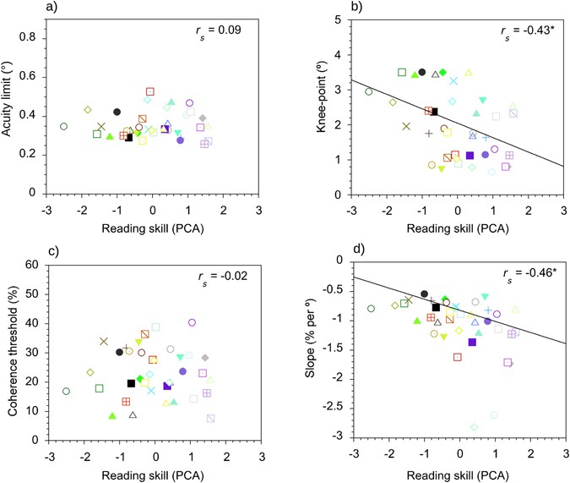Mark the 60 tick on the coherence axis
[34, 265]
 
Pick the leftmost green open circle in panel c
[66, 392]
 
